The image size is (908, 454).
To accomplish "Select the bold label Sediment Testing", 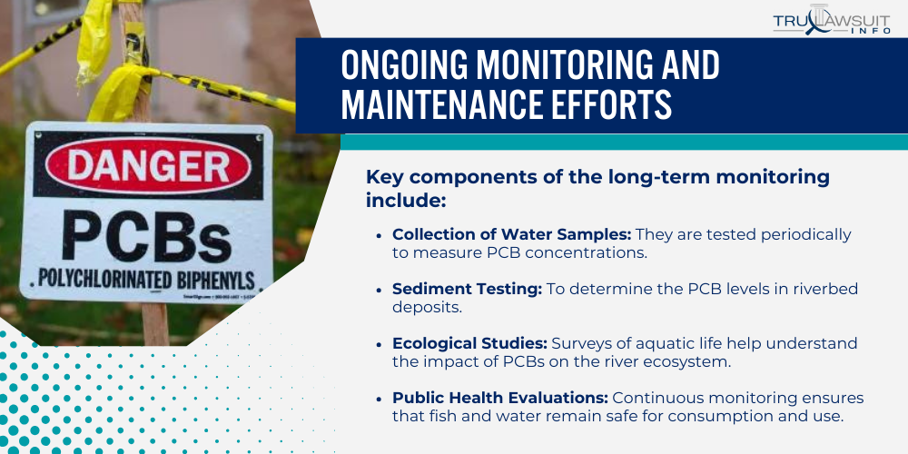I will point(466,289).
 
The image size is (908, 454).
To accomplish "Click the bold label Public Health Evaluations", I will point(500,398).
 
